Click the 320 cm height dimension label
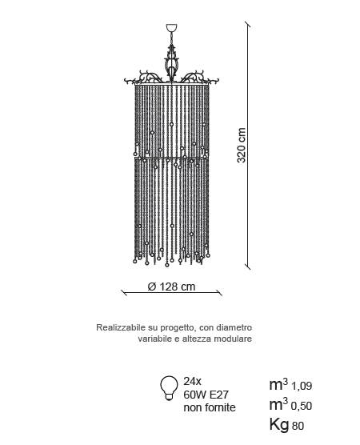click(x=242, y=146)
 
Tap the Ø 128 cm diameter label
click(x=171, y=287)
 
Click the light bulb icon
click(x=169, y=388)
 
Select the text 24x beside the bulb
click(x=192, y=382)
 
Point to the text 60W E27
click(x=206, y=395)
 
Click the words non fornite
click(x=210, y=407)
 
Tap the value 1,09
click(x=302, y=386)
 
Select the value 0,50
click(x=302, y=406)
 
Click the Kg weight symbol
click(x=279, y=425)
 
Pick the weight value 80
click(x=298, y=426)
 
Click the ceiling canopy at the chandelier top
click(x=172, y=28)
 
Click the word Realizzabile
click(x=121, y=327)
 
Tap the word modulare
click(x=233, y=339)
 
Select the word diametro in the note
click(x=234, y=327)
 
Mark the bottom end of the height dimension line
click(x=248, y=267)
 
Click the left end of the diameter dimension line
click(x=124, y=293)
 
